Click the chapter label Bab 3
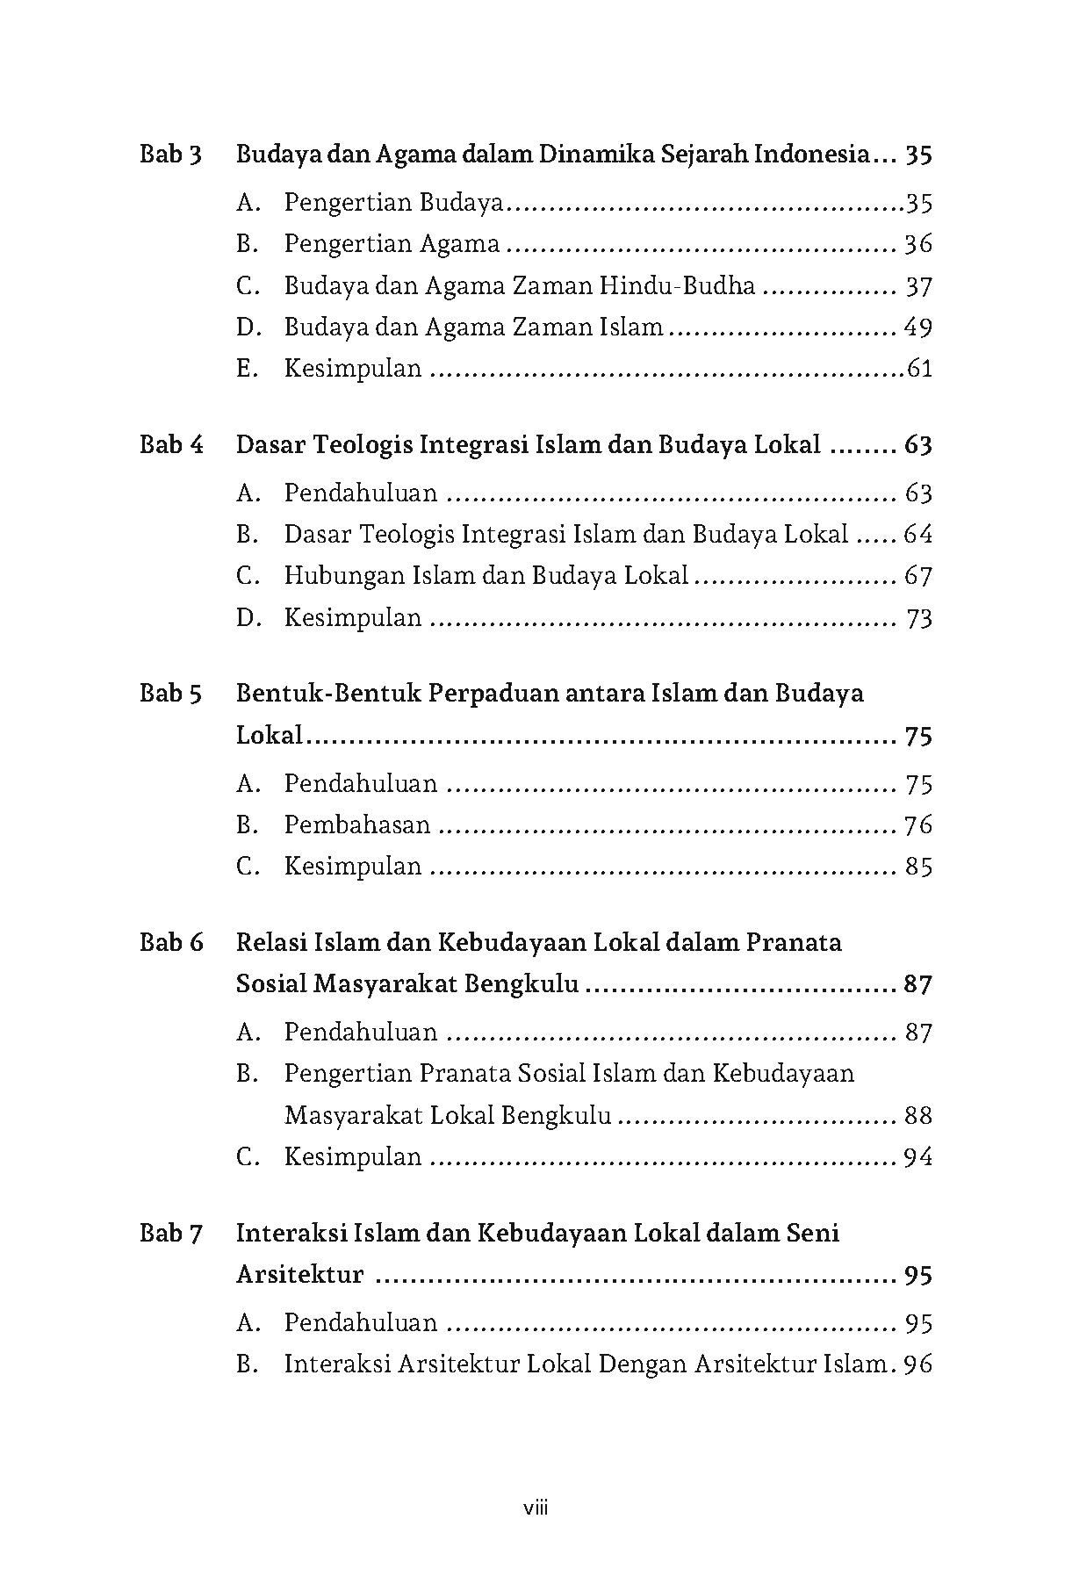pyautogui.click(x=171, y=155)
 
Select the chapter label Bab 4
pyautogui.click(x=171, y=445)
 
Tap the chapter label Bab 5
pyautogui.click(x=171, y=694)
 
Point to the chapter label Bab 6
pyautogui.click(x=171, y=943)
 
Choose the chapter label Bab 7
pyautogui.click(x=171, y=1234)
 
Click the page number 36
pyautogui.click(x=917, y=244)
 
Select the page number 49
pyautogui.click(x=917, y=328)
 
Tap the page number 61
pyautogui.click(x=919, y=369)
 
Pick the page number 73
pyautogui.click(x=918, y=619)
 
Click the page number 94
pyautogui.click(x=917, y=1157)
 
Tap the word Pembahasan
pyautogui.click(x=357, y=825)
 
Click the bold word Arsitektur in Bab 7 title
pyautogui.click(x=299, y=1275)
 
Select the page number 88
pyautogui.click(x=917, y=1116)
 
